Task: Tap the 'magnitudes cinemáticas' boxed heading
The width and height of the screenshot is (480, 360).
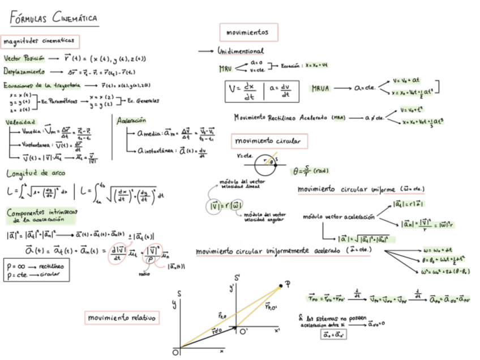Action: point(39,41)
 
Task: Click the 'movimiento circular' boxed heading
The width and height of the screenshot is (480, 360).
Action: point(268,140)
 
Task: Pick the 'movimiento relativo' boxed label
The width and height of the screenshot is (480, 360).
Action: point(121,319)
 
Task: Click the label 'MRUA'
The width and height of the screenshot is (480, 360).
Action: point(322,88)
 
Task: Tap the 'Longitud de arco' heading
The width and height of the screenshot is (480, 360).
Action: point(36,173)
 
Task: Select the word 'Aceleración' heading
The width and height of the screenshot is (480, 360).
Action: point(131,121)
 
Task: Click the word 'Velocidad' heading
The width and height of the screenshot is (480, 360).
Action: point(20,122)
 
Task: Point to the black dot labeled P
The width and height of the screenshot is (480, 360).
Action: point(280,288)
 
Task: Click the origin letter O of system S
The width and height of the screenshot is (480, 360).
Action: point(176,352)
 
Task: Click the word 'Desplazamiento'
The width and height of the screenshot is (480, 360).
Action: point(25,72)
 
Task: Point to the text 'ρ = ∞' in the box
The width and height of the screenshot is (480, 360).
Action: point(18,264)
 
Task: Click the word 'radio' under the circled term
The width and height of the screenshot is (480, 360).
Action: point(143,275)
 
